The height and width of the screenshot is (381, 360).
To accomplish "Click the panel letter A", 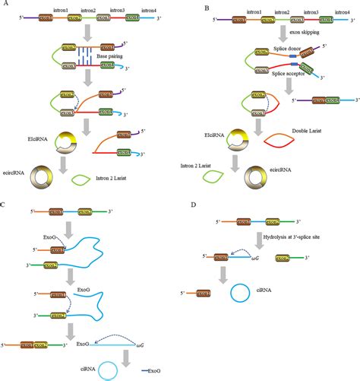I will [5, 5].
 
